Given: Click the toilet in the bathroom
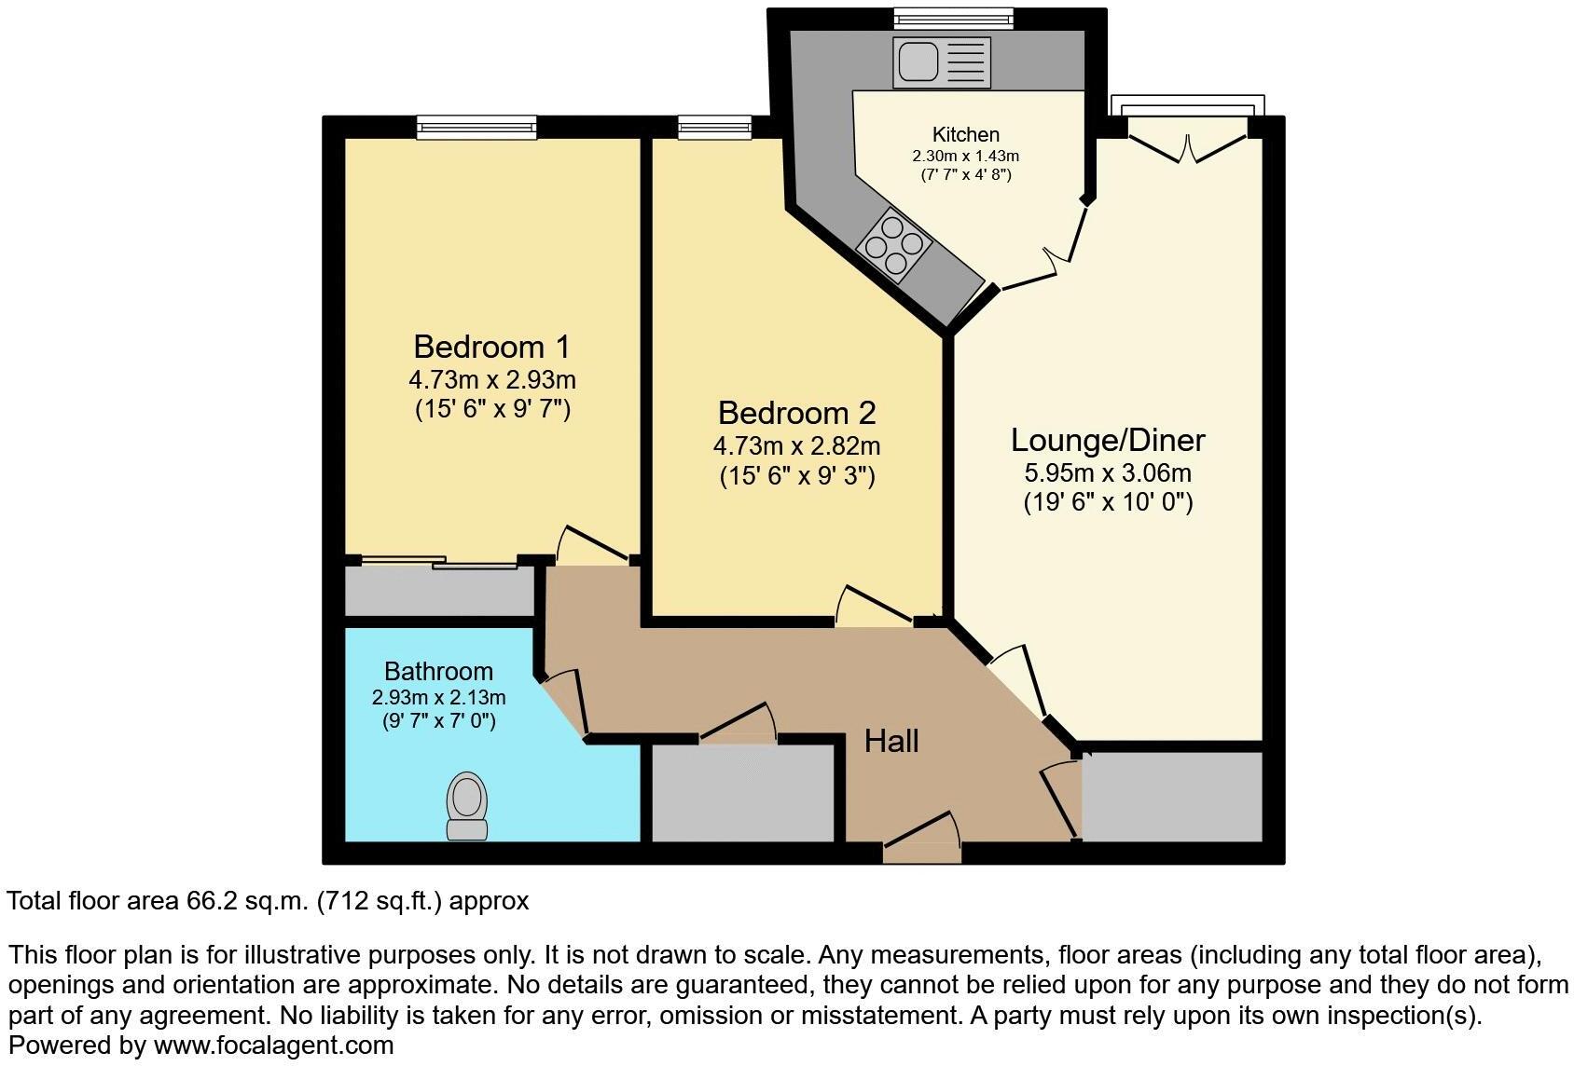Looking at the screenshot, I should pos(467,807).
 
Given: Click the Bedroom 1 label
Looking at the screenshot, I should pos(491,347).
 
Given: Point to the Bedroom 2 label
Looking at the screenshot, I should pos(796,413).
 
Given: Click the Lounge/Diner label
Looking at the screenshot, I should pos(1108,440).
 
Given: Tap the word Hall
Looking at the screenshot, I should pos(891,741).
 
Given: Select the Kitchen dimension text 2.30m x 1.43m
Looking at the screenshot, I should pos(966,156).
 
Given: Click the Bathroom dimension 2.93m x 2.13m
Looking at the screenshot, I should pos(438,697).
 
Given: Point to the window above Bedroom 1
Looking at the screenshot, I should pos(476,127).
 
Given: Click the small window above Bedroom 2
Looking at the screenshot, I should pos(714,127).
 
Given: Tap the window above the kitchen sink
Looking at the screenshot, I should pos(953,18).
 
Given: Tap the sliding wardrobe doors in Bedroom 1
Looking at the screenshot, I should pos(439,562).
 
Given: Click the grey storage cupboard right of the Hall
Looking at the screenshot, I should pos(1171,797).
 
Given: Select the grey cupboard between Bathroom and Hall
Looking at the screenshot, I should pos(742,793).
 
